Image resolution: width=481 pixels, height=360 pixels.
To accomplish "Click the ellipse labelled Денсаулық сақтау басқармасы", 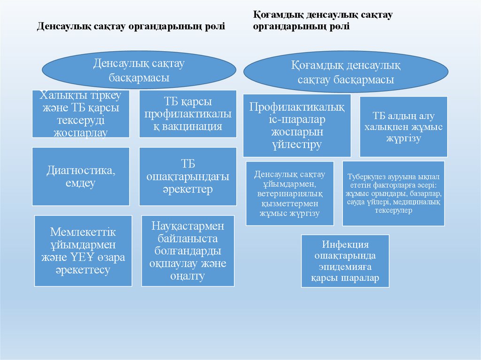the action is click(139, 70).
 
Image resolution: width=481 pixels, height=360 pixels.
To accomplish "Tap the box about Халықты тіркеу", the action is click(81, 114).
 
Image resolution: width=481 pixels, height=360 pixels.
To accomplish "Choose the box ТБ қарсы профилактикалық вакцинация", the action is click(188, 114).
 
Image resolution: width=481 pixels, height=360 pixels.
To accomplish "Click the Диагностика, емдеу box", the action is click(81, 176).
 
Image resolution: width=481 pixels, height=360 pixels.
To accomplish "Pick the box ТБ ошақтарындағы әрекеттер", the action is click(188, 176).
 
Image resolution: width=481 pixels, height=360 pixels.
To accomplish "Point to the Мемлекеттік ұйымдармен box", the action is click(83, 251).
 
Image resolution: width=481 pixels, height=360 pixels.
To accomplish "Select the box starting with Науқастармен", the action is click(188, 251).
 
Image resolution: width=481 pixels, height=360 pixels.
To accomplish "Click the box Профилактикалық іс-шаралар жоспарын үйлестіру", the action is click(297, 125).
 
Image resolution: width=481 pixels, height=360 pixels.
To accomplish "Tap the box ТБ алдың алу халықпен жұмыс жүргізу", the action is click(403, 127).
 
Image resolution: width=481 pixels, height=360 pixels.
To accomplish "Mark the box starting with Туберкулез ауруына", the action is click(393, 193).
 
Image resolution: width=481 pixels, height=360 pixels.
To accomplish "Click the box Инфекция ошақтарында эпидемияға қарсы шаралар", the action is click(345, 261).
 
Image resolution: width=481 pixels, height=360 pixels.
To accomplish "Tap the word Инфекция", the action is click(345, 245).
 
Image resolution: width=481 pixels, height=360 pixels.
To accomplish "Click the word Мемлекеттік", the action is click(83, 233).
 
